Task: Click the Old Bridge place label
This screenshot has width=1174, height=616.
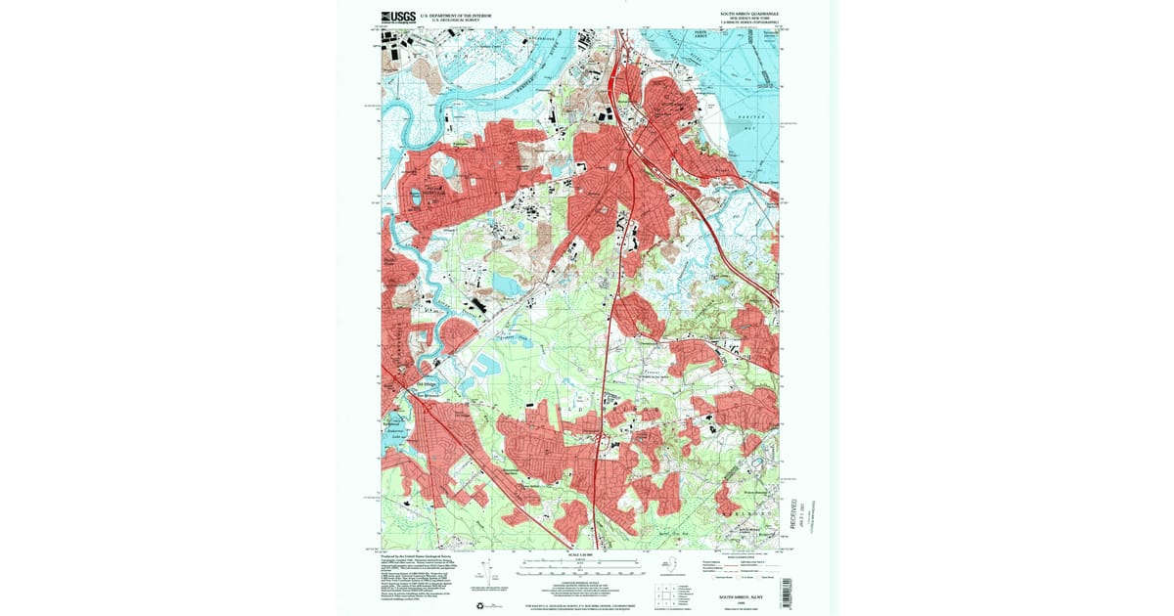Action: point(428,382)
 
